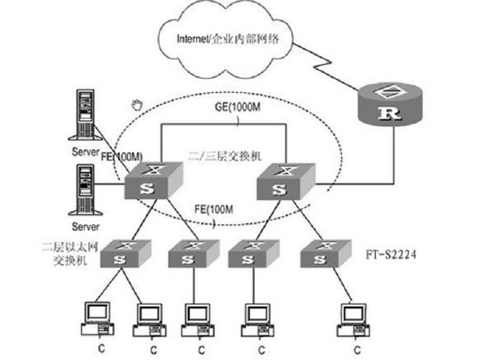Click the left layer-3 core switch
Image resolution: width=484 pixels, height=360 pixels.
[x=153, y=182]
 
